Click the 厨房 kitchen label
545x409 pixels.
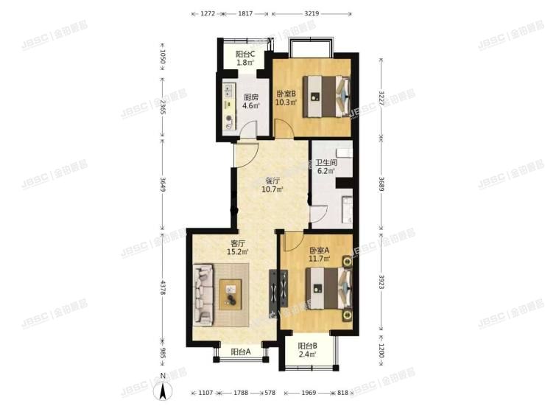point(251,96)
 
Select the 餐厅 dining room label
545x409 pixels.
point(272,180)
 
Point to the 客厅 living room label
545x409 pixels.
point(238,243)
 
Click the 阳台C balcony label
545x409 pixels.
point(245,55)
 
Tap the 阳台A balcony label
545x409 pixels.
point(241,352)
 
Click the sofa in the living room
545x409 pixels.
point(203,296)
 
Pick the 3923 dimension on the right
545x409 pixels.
point(381,282)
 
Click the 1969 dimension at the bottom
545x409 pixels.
point(307,393)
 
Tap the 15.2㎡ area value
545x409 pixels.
point(238,252)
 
